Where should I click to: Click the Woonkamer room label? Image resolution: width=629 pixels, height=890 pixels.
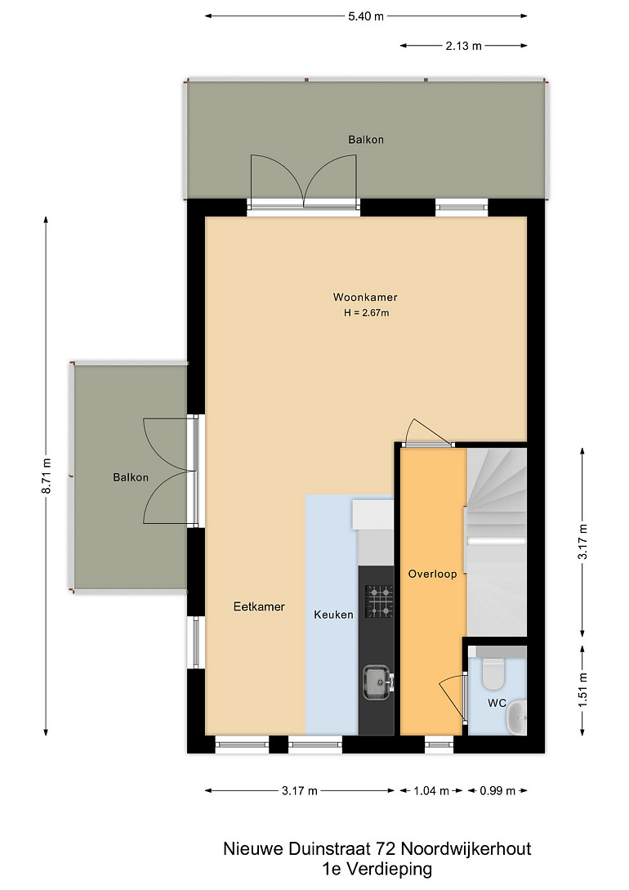tap(364, 297)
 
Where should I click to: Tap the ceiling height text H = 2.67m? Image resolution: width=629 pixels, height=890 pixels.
tap(367, 313)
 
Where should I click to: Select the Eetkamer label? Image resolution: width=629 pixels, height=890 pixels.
tap(259, 606)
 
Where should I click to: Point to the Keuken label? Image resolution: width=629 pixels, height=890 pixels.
tap(333, 614)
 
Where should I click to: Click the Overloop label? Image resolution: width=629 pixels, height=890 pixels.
tap(433, 574)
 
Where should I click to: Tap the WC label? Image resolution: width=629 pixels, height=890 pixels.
tap(497, 703)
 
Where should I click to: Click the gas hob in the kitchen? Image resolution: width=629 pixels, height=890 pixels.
tap(379, 602)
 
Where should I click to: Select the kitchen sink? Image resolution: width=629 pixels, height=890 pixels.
tap(377, 682)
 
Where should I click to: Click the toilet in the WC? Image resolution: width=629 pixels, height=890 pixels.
tap(493, 673)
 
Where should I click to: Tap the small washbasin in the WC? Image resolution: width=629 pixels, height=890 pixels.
tap(517, 718)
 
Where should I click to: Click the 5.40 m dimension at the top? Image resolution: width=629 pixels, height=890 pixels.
tap(366, 16)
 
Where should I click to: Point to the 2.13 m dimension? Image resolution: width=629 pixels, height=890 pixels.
tap(463, 46)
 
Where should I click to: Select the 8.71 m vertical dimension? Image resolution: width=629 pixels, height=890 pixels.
tap(47, 476)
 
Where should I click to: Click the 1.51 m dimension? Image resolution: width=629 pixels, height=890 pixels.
tap(582, 691)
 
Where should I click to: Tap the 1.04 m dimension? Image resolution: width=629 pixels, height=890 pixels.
tap(431, 790)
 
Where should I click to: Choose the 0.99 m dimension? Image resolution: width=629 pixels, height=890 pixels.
tap(497, 790)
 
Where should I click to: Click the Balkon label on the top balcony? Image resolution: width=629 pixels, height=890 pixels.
tap(366, 140)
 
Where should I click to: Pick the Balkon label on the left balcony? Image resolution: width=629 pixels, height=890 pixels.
tap(131, 477)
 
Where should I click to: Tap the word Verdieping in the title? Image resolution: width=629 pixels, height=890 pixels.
tap(389, 869)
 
